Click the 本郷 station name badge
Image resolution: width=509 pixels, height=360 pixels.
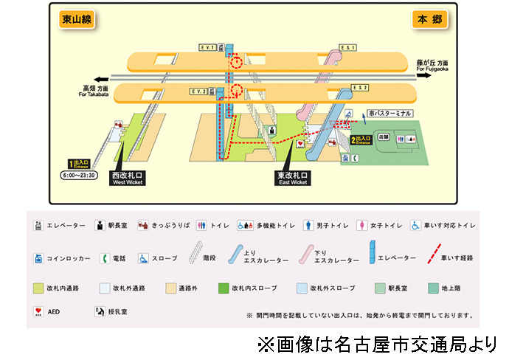click(x=430, y=20)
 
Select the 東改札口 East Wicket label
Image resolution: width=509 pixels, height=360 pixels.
click(x=292, y=178)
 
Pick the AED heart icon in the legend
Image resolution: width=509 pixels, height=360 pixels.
click(x=38, y=312)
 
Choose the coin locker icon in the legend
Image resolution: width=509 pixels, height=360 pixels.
click(x=38, y=259)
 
